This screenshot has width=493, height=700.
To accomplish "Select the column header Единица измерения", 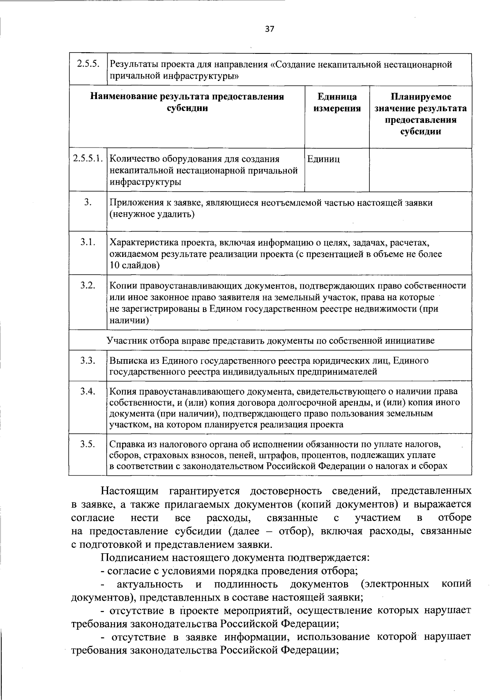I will [337, 103].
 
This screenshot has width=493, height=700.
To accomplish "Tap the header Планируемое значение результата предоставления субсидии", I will [420, 114].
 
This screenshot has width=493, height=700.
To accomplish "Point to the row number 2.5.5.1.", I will [88, 159].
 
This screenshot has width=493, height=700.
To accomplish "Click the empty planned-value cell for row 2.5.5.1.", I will [420, 170].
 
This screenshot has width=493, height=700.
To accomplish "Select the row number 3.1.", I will [88, 242].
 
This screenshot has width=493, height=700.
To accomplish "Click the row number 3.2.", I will [88, 285].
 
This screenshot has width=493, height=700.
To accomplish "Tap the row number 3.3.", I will [88, 360].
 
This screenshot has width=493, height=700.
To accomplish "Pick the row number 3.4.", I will [88, 391].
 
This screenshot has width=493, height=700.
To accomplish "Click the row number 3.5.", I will [88, 444].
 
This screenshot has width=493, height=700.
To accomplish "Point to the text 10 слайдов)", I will [135, 266].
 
